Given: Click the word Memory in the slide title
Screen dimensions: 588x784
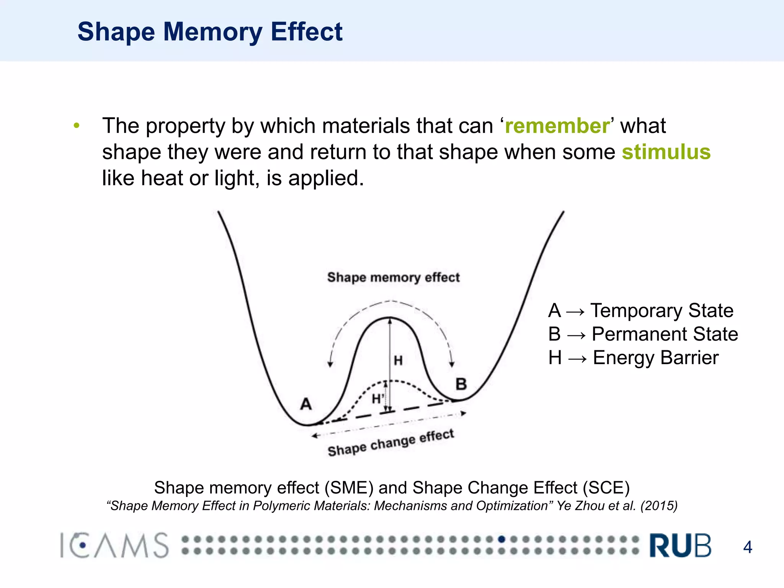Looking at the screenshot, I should coord(212,32).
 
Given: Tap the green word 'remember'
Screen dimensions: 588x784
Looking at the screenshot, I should coord(557,126).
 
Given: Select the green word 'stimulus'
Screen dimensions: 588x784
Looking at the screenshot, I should coord(666,152).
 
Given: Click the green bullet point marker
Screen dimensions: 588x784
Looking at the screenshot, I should coord(77,126).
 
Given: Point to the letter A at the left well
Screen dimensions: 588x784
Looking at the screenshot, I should coord(306,404).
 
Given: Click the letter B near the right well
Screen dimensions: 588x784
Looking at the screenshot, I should coord(461,384).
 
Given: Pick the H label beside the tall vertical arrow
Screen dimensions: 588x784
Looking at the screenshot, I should coord(398,361).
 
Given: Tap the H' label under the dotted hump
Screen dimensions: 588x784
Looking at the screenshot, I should coord(377,399).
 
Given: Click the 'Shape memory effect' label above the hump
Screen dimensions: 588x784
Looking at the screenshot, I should coord(393,277).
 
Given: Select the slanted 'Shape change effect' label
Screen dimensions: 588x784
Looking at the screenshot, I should coord(391,443).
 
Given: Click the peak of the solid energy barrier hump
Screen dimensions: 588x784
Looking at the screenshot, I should coord(390,318).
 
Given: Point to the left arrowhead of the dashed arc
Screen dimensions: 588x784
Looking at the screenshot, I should coord(330,364).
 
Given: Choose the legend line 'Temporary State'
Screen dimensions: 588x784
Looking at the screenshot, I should coord(662,310).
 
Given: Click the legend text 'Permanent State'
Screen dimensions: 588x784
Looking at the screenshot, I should coord(665,334).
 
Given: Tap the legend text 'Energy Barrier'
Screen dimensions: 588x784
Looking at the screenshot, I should coord(655,358).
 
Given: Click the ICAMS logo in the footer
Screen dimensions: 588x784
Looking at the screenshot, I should coord(114,545).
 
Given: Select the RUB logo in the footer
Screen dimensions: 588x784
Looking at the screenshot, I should coord(680,545).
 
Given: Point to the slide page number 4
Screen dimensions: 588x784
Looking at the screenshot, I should coord(747,547).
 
